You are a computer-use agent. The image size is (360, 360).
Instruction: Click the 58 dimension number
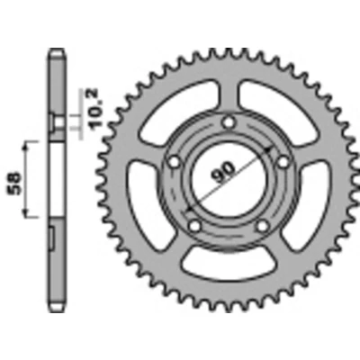(x=15, y=184)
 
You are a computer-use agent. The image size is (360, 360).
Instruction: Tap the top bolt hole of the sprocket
(x=229, y=122)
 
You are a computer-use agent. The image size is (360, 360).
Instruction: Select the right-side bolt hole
(x=283, y=163)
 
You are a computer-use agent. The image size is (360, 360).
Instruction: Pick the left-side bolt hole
(x=174, y=163)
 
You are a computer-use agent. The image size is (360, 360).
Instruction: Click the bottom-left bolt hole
(x=195, y=226)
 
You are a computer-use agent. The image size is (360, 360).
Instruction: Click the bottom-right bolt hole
(x=263, y=226)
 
